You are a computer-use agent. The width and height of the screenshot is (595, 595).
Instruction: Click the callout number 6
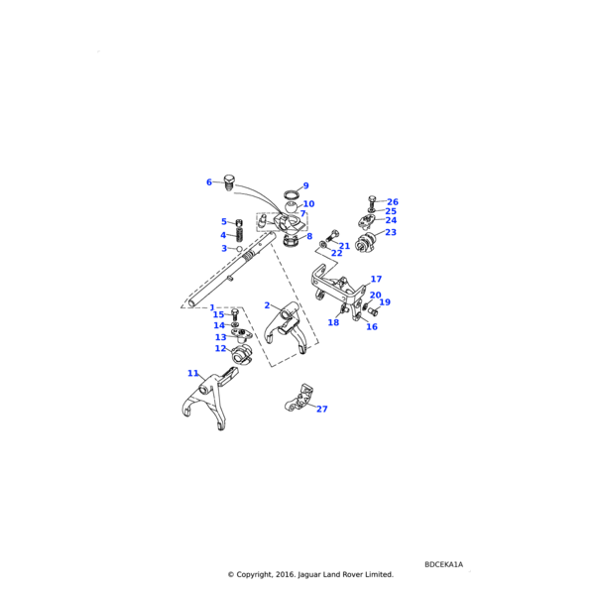pos(208,182)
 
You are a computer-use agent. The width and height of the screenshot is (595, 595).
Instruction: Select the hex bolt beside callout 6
pos(229,182)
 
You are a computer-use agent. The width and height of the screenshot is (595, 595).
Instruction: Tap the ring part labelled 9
pos(292,195)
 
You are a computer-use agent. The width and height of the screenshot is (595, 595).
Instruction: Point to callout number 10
pos(308,203)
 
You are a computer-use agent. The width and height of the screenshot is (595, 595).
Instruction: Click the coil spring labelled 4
pos(239,234)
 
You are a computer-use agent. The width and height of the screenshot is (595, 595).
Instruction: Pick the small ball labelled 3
pos(239,249)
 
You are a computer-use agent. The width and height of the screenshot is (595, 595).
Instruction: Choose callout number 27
pos(321,409)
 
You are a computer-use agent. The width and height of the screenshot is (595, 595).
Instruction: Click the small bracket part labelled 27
pos(298,398)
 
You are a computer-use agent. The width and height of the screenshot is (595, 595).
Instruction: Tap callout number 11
pos(193,374)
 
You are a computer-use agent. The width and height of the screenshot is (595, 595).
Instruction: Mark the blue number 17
pos(376,279)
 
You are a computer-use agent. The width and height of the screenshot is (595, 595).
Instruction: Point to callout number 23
pos(391,232)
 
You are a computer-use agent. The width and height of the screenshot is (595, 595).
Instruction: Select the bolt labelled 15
pos(235,315)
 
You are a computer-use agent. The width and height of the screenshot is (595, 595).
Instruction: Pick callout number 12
pos(220,348)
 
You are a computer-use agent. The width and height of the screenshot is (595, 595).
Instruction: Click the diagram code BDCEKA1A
pos(443,564)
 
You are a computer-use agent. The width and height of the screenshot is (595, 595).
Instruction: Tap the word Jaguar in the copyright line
pos(308,574)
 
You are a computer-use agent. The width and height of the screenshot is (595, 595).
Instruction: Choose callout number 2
pos(267,305)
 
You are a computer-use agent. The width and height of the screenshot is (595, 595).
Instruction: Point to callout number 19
pos(385,302)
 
